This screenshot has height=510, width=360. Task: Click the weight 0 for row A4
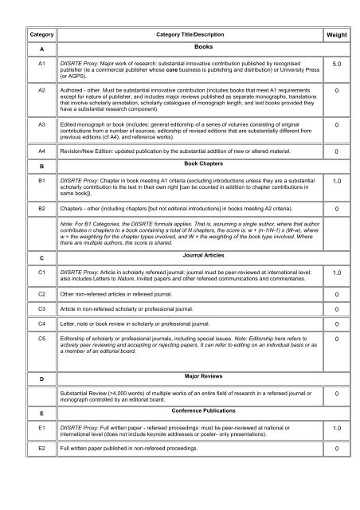338,151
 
